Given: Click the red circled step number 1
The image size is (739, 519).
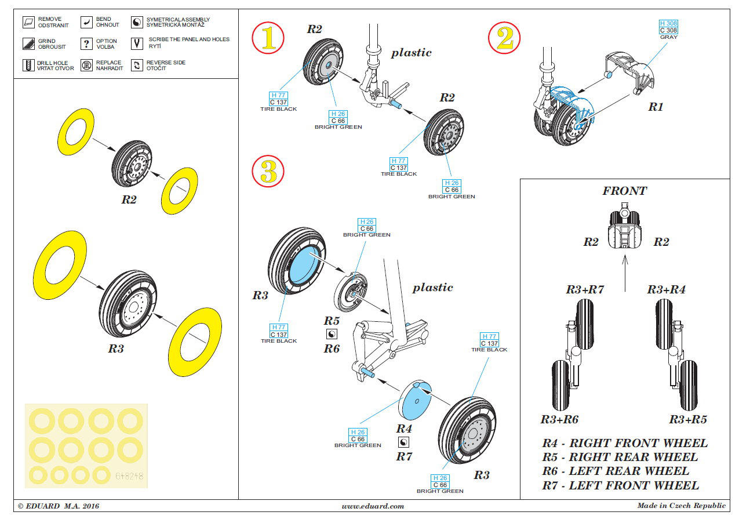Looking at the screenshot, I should click(x=268, y=38).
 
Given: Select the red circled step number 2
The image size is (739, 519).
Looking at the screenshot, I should click(x=504, y=38).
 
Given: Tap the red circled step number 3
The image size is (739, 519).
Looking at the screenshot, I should click(x=268, y=171).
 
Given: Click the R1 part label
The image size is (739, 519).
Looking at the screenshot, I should click(x=656, y=107).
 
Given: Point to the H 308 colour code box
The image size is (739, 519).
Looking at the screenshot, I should click(x=668, y=23).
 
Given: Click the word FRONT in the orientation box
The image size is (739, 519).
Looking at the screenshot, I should click(x=624, y=191).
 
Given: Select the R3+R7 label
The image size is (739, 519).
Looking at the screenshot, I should click(x=585, y=289).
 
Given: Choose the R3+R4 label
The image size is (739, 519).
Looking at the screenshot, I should click(x=666, y=289).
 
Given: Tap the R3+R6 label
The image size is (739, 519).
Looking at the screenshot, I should click(x=559, y=419).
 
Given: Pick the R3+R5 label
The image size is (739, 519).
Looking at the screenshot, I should click(x=688, y=419).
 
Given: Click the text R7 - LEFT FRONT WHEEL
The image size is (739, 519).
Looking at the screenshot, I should click(x=620, y=485).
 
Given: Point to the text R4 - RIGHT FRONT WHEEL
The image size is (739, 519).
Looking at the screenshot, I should click(x=625, y=443).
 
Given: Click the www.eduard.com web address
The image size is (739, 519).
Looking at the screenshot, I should click(x=373, y=506).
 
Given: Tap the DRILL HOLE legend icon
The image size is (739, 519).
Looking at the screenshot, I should click(x=28, y=64).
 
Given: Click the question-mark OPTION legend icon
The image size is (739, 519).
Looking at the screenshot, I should click(x=86, y=43).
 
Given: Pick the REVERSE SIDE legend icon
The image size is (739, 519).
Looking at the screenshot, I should click(x=137, y=65).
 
